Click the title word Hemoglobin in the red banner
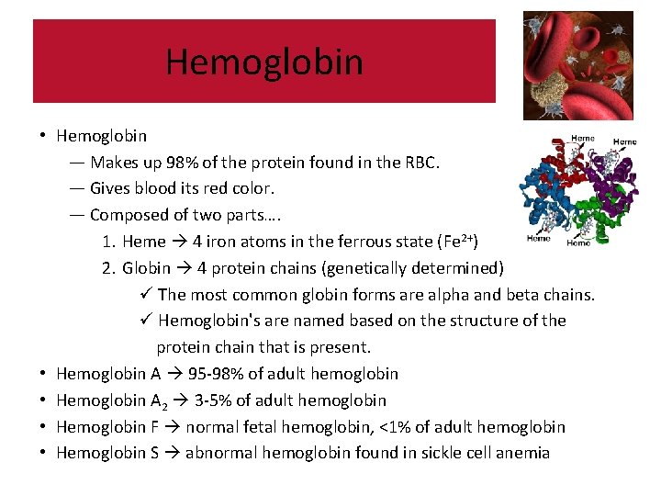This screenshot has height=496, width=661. (x=264, y=62)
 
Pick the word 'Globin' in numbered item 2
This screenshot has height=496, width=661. (x=146, y=268)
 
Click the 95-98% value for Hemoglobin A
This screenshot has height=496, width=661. (x=220, y=374)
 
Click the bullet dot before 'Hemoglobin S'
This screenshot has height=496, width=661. (x=43, y=453)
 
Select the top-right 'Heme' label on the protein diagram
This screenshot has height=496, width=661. (x=624, y=142)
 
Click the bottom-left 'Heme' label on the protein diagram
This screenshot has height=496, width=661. (x=539, y=239)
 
